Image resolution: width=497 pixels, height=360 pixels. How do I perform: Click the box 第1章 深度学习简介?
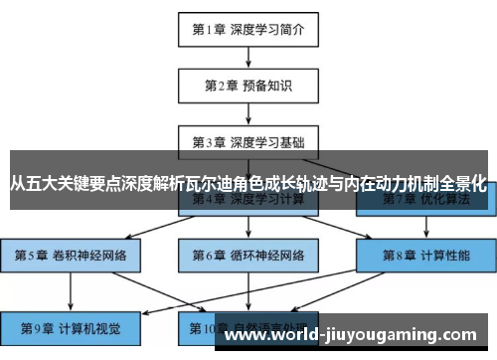click(248, 29)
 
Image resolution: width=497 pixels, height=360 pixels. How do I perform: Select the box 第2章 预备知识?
click(248, 85)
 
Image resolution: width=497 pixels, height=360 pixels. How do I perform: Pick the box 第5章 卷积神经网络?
click(71, 255)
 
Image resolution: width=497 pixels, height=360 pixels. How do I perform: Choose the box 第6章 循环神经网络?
click(248, 255)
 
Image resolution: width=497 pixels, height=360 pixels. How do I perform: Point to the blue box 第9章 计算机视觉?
click(71, 327)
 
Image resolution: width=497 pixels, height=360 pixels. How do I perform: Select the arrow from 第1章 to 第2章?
click(248, 57)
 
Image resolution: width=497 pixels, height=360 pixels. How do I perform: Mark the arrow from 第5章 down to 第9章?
click(71, 290)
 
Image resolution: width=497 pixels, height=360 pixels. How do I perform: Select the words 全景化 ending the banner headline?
click(465, 185)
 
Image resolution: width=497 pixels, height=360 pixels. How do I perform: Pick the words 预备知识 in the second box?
click(265, 85)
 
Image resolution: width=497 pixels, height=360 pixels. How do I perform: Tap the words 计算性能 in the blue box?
click(441, 255)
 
